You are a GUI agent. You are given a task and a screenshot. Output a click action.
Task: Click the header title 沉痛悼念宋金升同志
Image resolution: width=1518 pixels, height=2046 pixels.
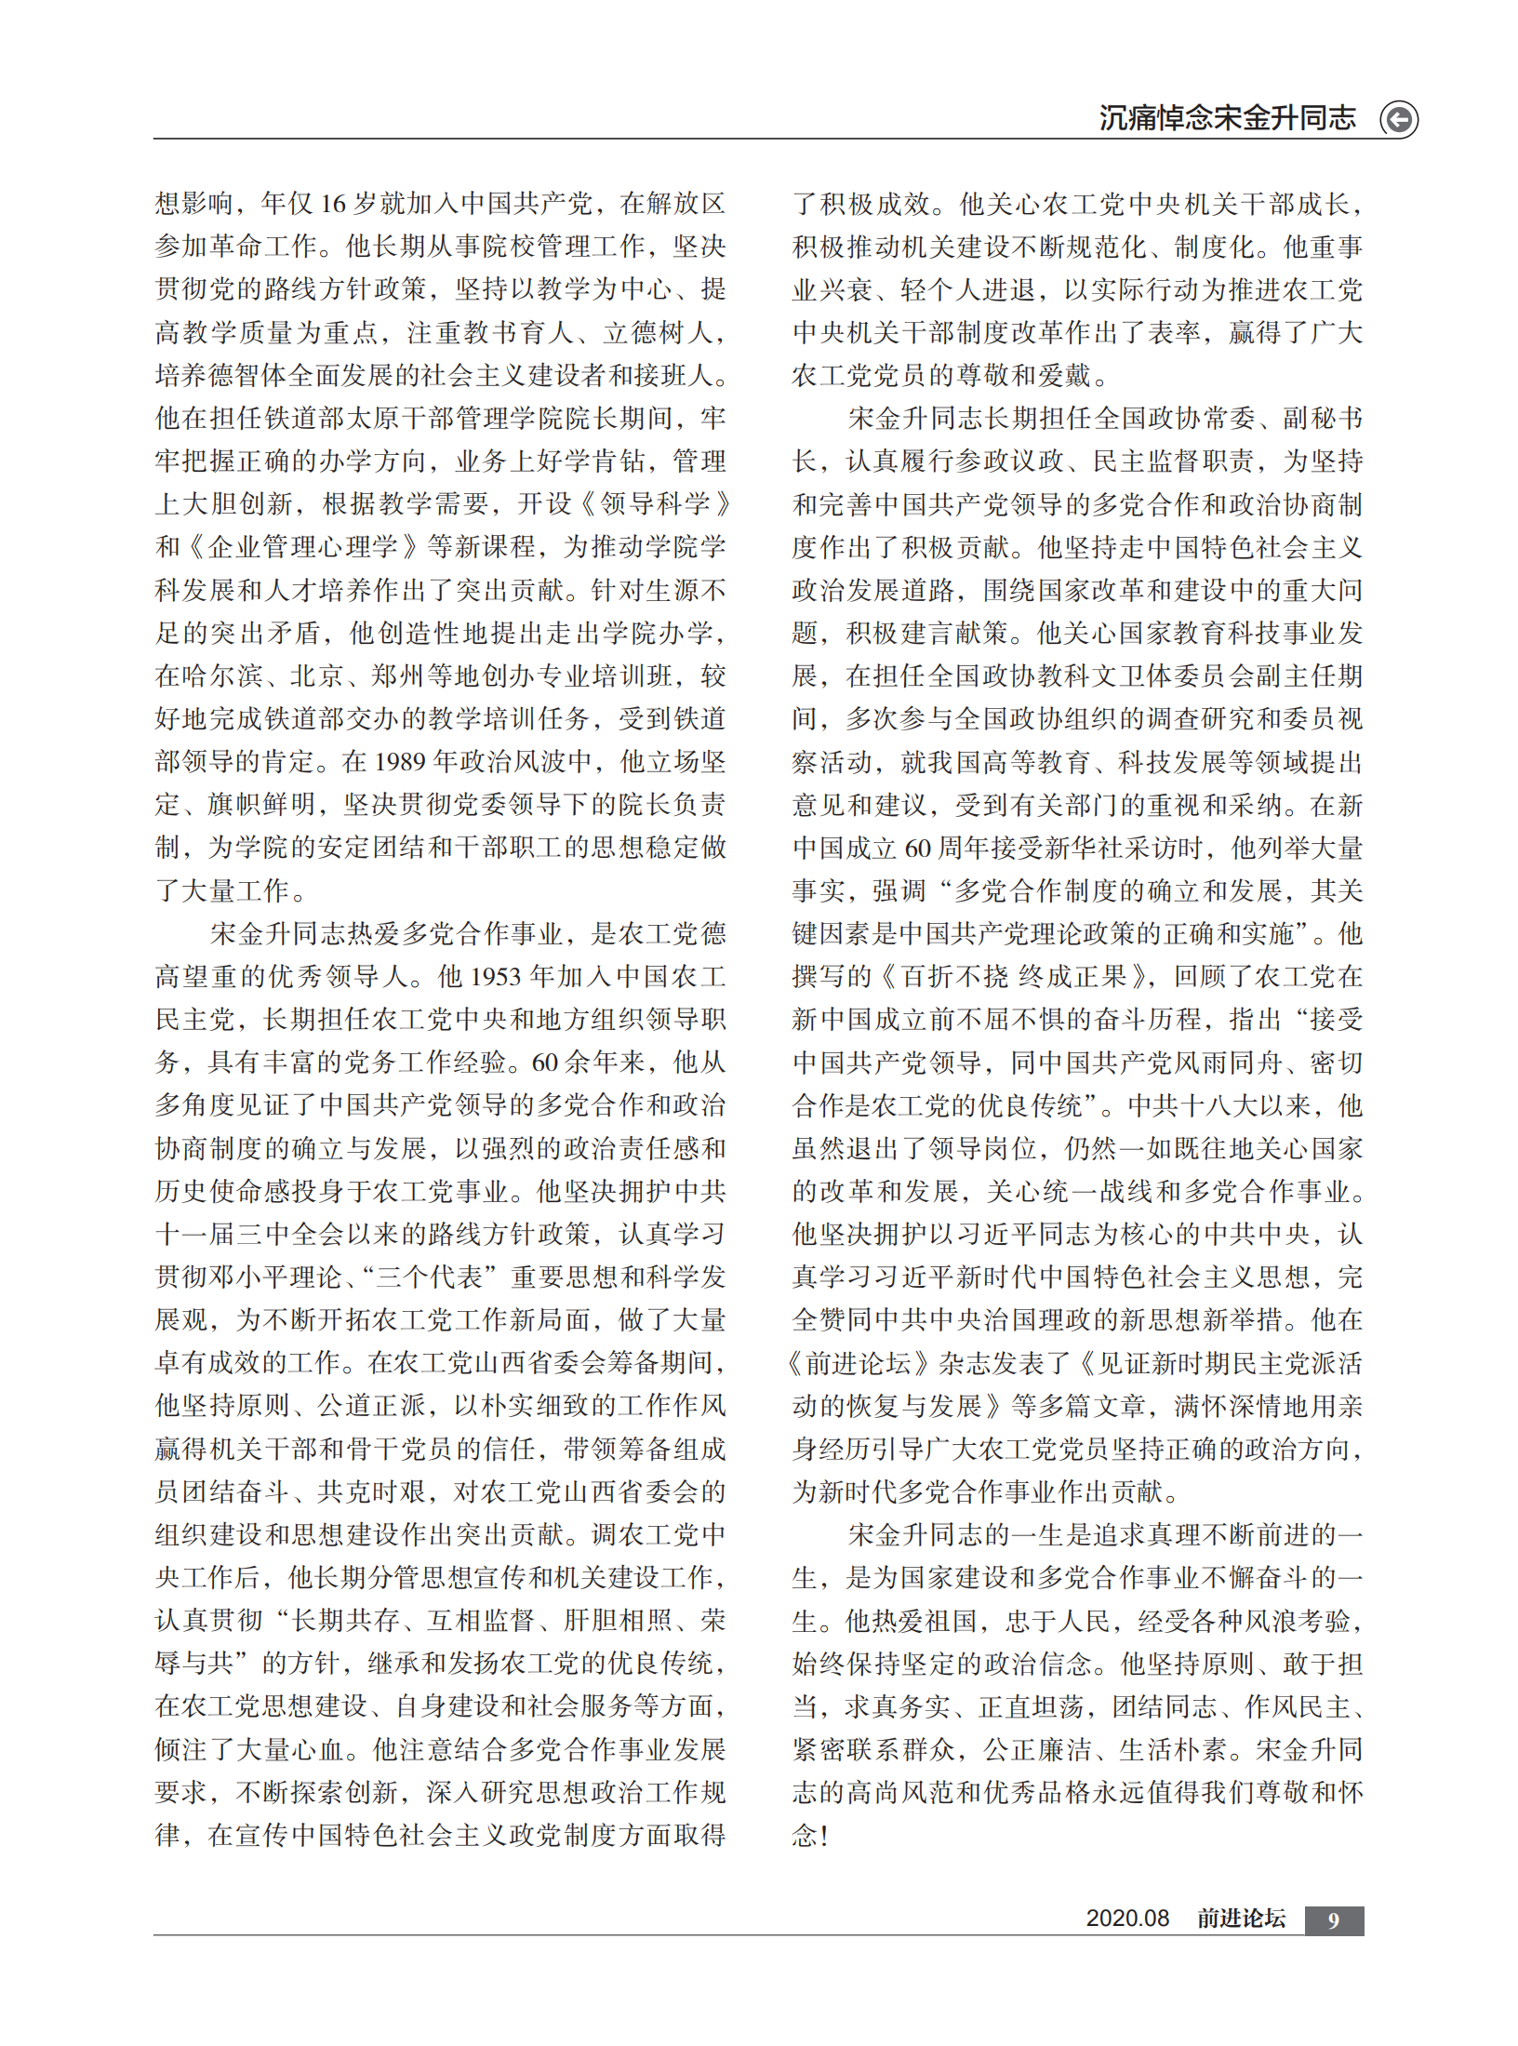pyautogui.click(x=1227, y=118)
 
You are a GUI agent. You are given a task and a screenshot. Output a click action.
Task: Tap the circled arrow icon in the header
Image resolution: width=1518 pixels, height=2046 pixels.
pyautogui.click(x=1398, y=120)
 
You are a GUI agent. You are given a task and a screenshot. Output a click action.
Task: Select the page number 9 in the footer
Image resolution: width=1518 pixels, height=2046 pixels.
pyautogui.click(x=1334, y=1920)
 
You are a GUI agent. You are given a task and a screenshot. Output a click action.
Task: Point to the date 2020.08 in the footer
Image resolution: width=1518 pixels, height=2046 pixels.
pyautogui.click(x=1127, y=1919)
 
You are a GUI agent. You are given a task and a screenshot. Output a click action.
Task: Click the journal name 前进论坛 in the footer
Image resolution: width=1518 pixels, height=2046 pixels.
pyautogui.click(x=1241, y=1919)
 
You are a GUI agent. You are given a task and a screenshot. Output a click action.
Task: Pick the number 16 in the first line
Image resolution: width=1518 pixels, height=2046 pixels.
pyautogui.click(x=333, y=204)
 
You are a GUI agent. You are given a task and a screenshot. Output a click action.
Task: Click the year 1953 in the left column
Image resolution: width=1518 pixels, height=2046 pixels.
pyautogui.click(x=496, y=977)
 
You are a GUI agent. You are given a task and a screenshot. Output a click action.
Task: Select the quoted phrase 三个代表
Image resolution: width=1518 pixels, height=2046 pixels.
pyautogui.click(x=428, y=1277)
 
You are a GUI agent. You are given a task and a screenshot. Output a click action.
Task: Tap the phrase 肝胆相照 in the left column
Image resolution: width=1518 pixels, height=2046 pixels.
pyautogui.click(x=618, y=1621)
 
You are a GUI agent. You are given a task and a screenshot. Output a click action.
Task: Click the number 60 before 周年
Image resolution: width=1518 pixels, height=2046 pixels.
pyautogui.click(x=917, y=849)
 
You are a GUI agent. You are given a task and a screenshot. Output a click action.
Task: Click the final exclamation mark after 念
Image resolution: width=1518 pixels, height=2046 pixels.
pyautogui.click(x=824, y=1836)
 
